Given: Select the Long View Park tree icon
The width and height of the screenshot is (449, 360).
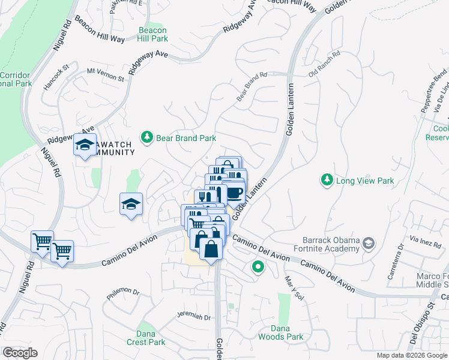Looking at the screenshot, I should (x=327, y=180).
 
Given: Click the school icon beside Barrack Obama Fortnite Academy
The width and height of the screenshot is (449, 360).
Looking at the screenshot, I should (x=368, y=243).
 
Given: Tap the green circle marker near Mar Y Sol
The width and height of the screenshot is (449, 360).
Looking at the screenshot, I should (x=259, y=267).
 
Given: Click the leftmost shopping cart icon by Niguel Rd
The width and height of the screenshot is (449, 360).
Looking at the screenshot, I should (x=42, y=242).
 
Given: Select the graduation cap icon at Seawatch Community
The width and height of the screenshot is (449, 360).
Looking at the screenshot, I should (x=85, y=145).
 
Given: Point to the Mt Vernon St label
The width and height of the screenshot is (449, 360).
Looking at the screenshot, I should (x=105, y=74).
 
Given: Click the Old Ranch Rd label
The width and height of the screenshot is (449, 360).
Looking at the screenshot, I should (x=324, y=65).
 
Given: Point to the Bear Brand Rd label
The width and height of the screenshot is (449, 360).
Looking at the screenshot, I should (x=252, y=87).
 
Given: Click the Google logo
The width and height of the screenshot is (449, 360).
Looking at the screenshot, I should (x=20, y=353).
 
